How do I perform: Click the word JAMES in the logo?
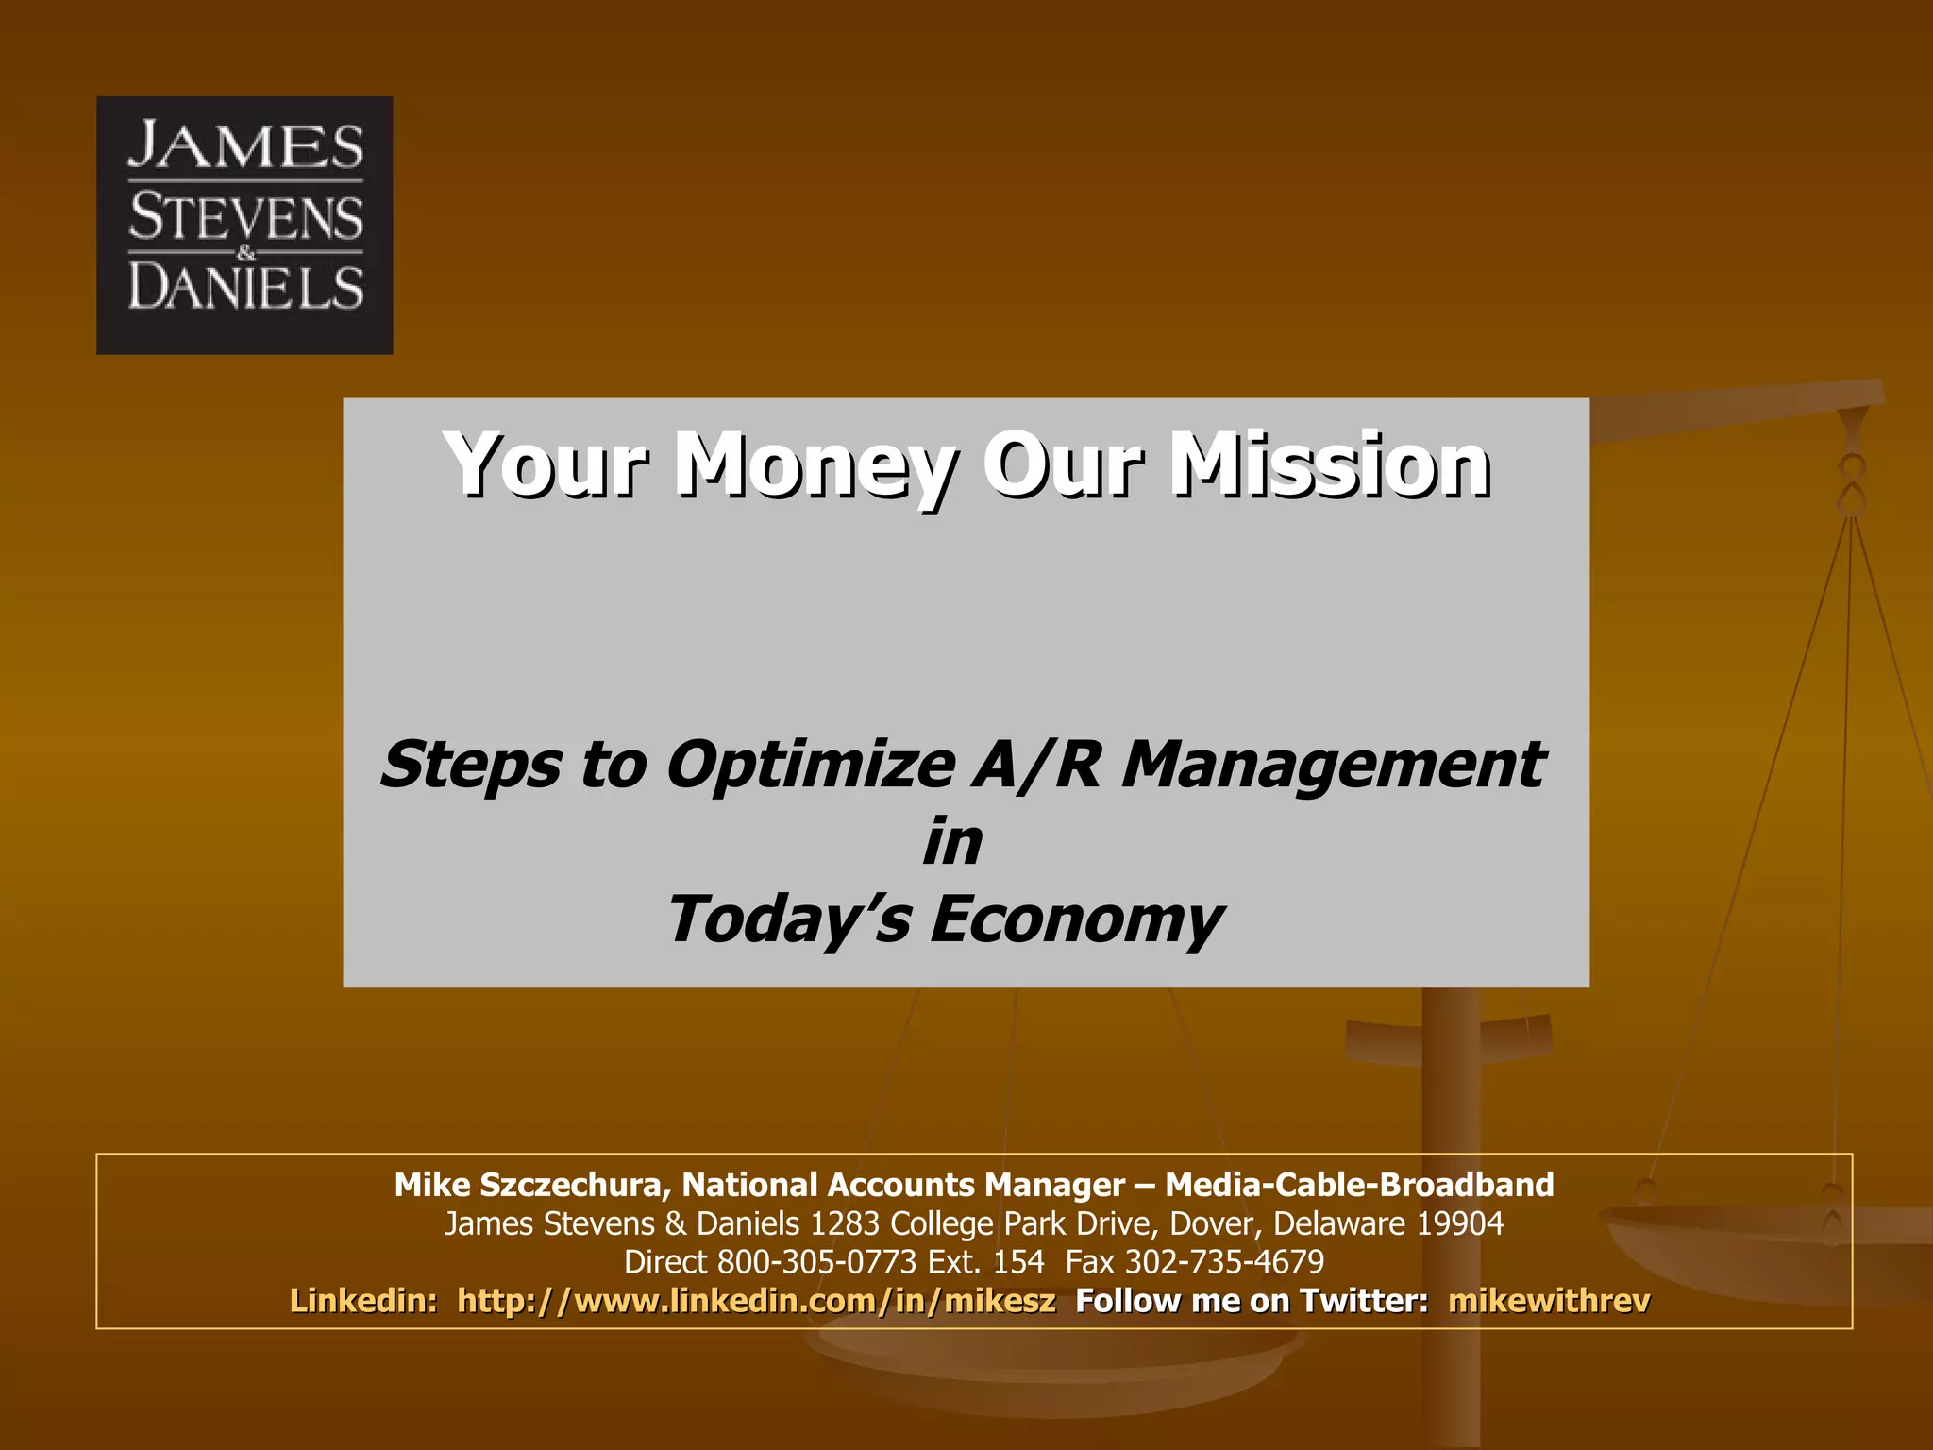pyautogui.click(x=245, y=146)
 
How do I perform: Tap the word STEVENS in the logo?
pyautogui.click(x=245, y=217)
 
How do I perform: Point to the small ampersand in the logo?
pyautogui.click(x=246, y=252)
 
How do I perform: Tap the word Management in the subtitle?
pyautogui.click(x=1332, y=764)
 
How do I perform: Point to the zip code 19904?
pyautogui.click(x=1459, y=1223)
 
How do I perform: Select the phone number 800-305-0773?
pyautogui.click(x=816, y=1262)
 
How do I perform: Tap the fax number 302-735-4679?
pyautogui.click(x=1224, y=1262)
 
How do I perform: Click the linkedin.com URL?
pyautogui.click(x=756, y=1301)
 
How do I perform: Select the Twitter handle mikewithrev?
pyautogui.click(x=1549, y=1301)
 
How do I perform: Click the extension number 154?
pyautogui.click(x=1018, y=1262)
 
